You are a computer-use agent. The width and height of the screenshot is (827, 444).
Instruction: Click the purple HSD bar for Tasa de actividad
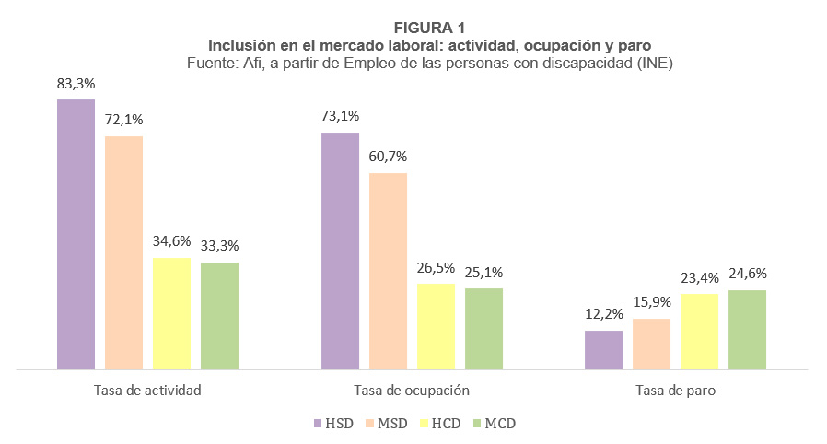point(76,234)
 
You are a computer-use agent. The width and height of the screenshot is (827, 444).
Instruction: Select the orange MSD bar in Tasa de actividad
point(123,252)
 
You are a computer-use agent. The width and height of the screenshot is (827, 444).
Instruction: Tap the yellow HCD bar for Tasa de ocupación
point(436,326)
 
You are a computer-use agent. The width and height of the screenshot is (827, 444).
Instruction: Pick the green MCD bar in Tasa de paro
point(747,330)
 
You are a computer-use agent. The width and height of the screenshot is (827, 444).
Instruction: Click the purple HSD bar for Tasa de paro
point(603,350)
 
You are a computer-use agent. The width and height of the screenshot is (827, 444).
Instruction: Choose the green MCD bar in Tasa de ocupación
point(483,329)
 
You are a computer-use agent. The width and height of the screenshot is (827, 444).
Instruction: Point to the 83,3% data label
point(76,84)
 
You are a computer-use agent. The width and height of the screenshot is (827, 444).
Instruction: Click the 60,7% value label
point(388,157)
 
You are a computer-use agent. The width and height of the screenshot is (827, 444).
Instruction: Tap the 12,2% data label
point(604,314)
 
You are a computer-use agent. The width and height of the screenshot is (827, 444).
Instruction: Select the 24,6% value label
point(748,274)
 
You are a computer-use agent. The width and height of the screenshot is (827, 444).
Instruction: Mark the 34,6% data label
point(171,241)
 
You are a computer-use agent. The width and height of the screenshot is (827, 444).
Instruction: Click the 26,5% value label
point(436,267)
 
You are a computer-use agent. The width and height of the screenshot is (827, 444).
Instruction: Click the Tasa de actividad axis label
point(147,390)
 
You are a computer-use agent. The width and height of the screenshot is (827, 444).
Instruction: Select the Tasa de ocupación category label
point(412,390)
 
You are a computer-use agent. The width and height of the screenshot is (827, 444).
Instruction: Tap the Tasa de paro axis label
point(675,390)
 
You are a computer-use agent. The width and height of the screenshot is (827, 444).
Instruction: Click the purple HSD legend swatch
point(315,424)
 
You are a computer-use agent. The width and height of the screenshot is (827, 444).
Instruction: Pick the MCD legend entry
point(492,424)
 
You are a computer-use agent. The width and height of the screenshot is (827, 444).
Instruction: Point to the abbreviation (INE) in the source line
point(657,62)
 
